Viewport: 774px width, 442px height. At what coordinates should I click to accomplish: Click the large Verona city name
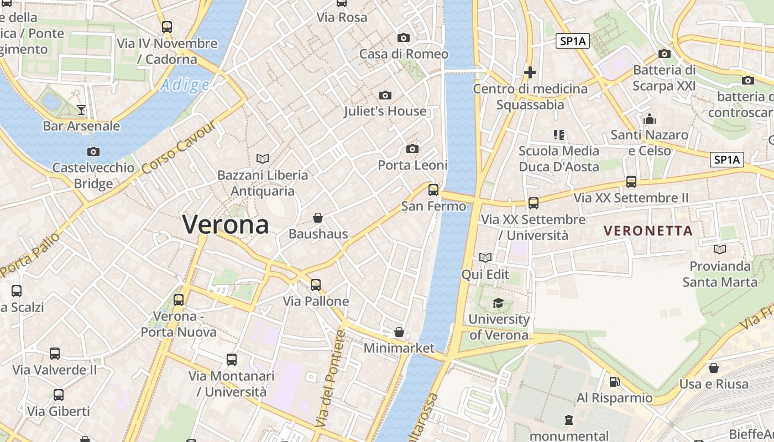point(226,224)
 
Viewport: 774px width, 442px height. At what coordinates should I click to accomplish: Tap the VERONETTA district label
point(648,231)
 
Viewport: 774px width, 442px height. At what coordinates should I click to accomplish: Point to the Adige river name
point(185,85)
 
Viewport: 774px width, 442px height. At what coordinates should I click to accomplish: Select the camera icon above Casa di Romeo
point(404,38)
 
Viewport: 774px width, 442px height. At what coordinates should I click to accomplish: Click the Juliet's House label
point(385,111)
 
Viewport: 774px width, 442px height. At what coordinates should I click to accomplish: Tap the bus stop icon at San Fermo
point(433,190)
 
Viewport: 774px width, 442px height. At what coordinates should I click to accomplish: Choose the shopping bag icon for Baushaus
point(318,218)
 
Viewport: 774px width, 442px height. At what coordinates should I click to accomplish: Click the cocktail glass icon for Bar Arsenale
point(81,109)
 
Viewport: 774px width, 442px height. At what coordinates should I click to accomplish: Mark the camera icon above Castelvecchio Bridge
point(93,151)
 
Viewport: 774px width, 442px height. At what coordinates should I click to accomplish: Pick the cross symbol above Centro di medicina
point(530,72)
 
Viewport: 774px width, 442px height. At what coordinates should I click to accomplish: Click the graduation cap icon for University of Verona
point(499,303)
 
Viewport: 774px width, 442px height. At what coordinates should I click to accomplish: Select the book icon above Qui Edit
point(485,257)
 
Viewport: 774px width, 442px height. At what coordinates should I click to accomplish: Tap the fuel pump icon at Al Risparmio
point(614,382)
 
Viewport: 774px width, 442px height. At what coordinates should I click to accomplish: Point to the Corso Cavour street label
point(177,148)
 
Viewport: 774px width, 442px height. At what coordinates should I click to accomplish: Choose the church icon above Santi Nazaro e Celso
point(650,119)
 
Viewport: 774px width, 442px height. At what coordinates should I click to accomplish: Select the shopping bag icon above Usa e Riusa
point(714,367)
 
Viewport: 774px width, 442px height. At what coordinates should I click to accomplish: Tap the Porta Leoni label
point(412,165)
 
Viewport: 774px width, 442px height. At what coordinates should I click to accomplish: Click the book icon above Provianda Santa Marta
point(720,250)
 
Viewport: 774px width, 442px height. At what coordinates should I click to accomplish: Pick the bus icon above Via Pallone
point(315,285)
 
